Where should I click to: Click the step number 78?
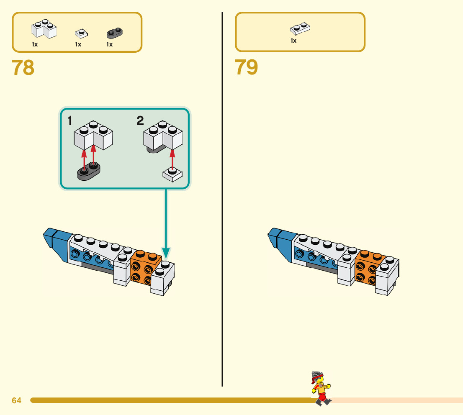(23, 68)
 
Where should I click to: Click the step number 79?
(246, 68)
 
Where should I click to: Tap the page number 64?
(16, 401)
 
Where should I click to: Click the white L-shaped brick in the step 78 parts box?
(44, 30)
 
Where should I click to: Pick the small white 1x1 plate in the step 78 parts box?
(81, 33)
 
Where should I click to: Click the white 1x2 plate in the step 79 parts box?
(300, 28)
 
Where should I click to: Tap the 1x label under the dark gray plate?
(109, 44)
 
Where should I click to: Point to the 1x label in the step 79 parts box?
(293, 41)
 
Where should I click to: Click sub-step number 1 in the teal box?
(70, 121)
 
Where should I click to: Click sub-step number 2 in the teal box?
(140, 121)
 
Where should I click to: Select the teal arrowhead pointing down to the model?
(166, 253)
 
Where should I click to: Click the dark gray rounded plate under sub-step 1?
(89, 173)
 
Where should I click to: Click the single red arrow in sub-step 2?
(172, 159)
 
